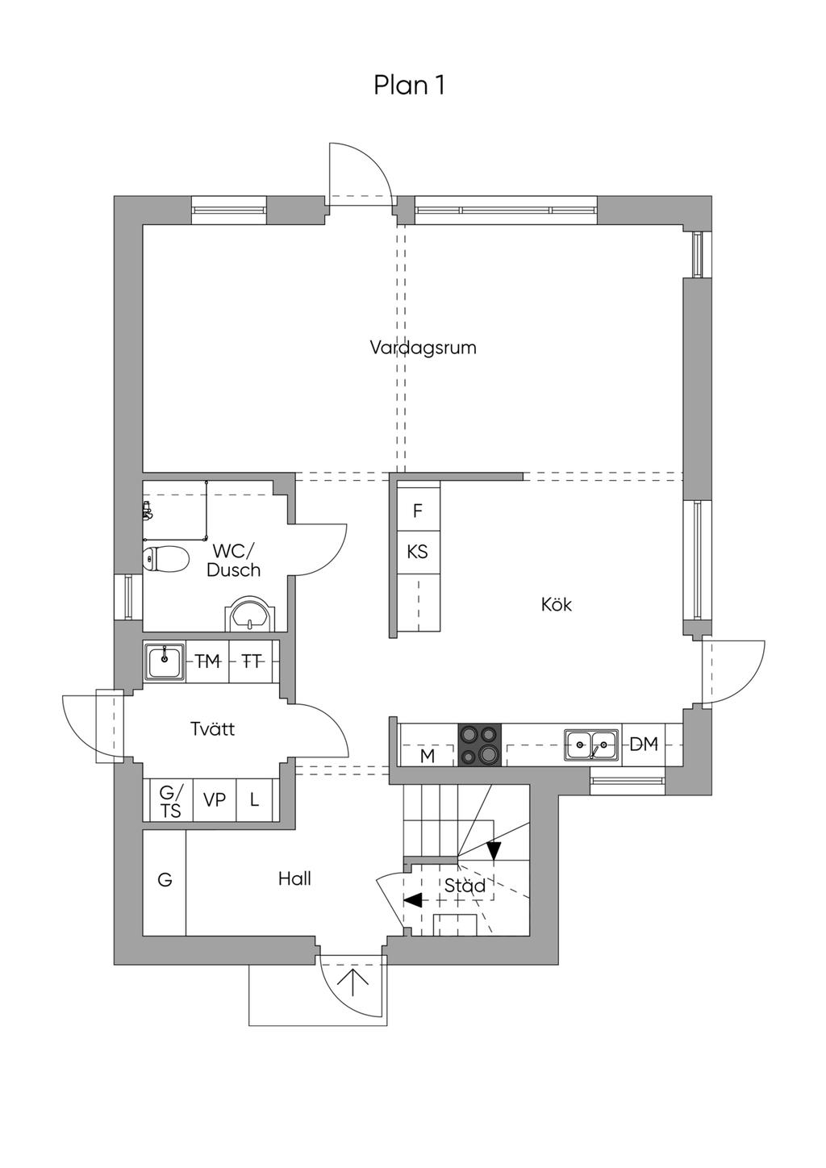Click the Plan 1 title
pyautogui.click(x=409, y=85)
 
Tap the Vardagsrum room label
pyautogui.click(x=423, y=348)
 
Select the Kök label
pyautogui.click(x=557, y=604)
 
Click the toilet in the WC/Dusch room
pyautogui.click(x=165, y=559)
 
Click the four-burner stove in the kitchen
pyautogui.click(x=479, y=745)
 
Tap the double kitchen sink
pyautogui.click(x=591, y=745)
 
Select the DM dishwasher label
pyautogui.click(x=644, y=745)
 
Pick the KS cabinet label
pyautogui.click(x=417, y=552)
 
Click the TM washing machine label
pyautogui.click(x=207, y=662)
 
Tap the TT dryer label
pyautogui.click(x=252, y=662)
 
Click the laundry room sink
pyautogui.click(x=165, y=662)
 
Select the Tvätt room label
pyautogui.click(x=212, y=728)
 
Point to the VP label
pyautogui.click(x=214, y=800)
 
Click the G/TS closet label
pyautogui.click(x=169, y=802)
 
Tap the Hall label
pyautogui.click(x=294, y=878)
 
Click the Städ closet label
pyautogui.click(x=465, y=885)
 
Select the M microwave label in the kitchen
pyautogui.click(x=427, y=756)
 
